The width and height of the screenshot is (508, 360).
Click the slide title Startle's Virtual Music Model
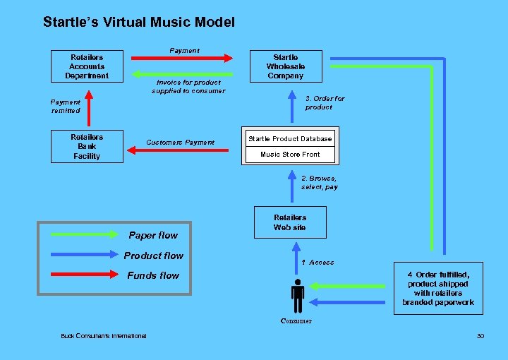coord(139,22)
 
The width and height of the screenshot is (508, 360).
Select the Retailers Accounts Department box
coord(87,66)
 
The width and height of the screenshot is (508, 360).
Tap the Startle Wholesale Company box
coord(285,66)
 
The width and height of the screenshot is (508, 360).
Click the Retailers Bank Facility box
coord(87,147)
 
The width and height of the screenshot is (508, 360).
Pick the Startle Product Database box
coord(290,138)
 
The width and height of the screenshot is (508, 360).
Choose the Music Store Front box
coord(290,155)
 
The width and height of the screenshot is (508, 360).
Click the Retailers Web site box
coord(290,222)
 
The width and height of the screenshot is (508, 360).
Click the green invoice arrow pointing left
coord(183,73)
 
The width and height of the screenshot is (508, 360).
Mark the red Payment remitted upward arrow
coord(87,107)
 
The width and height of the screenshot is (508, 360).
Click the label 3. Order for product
coord(325,103)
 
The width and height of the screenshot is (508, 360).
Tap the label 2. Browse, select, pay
coord(320,183)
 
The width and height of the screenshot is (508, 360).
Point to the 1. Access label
coord(317,263)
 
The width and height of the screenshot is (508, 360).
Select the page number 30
coord(480,335)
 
